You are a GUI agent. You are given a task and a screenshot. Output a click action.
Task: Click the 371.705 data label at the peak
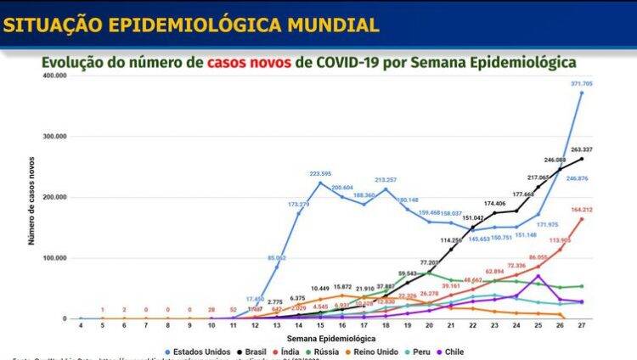[581, 84]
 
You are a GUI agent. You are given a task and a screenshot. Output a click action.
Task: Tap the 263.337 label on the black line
[581, 149]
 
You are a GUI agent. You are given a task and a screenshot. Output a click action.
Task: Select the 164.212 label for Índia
[581, 210]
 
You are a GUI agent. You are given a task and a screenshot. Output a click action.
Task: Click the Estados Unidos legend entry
[200, 351]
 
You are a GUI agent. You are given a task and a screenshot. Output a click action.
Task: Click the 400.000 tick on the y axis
[54, 76]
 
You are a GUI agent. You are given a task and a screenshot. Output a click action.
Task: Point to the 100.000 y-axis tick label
[54, 258]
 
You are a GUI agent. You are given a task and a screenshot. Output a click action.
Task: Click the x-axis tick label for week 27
[581, 326]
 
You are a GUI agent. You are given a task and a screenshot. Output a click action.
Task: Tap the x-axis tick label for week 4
[81, 326]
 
